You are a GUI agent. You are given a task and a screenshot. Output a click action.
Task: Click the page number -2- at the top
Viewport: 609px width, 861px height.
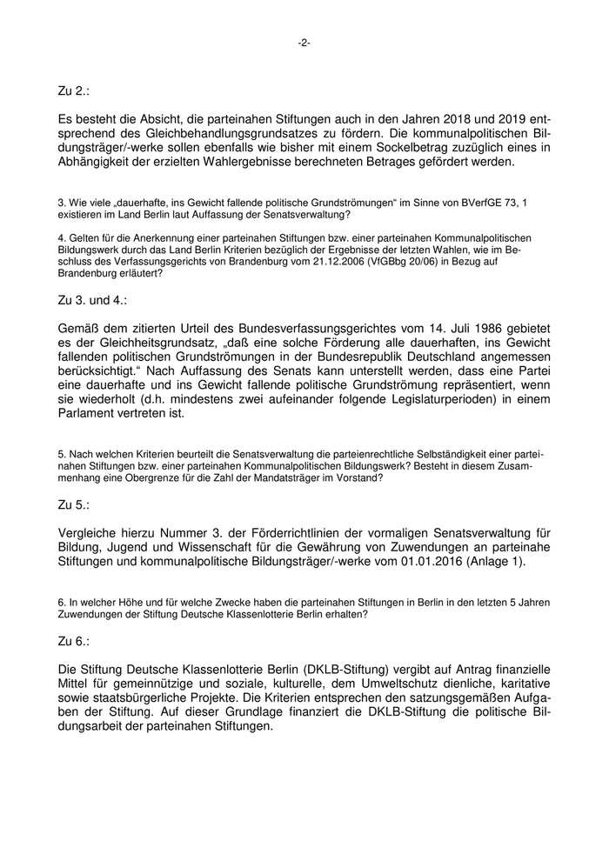click(304, 43)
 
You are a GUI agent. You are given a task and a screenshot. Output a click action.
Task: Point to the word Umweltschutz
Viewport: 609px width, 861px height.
click(371, 686)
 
